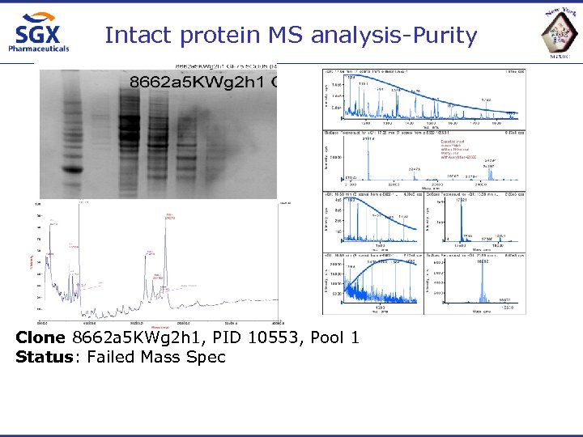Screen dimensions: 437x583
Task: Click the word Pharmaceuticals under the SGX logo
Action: pos(38,49)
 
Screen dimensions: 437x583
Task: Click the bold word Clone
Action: pos(41,337)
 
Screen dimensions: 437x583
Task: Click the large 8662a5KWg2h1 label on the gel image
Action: pos(198,81)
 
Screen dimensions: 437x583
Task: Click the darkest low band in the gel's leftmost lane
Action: pos(74,171)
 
